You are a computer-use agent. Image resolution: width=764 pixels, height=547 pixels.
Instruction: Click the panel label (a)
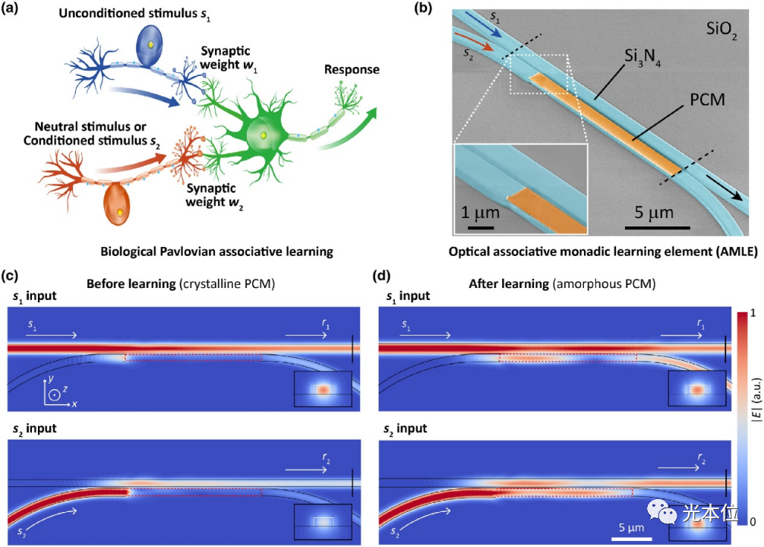(x=14, y=10)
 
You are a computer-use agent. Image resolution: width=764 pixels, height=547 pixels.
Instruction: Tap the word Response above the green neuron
(x=352, y=69)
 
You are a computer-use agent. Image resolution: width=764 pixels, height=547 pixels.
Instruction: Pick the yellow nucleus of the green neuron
(x=262, y=135)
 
